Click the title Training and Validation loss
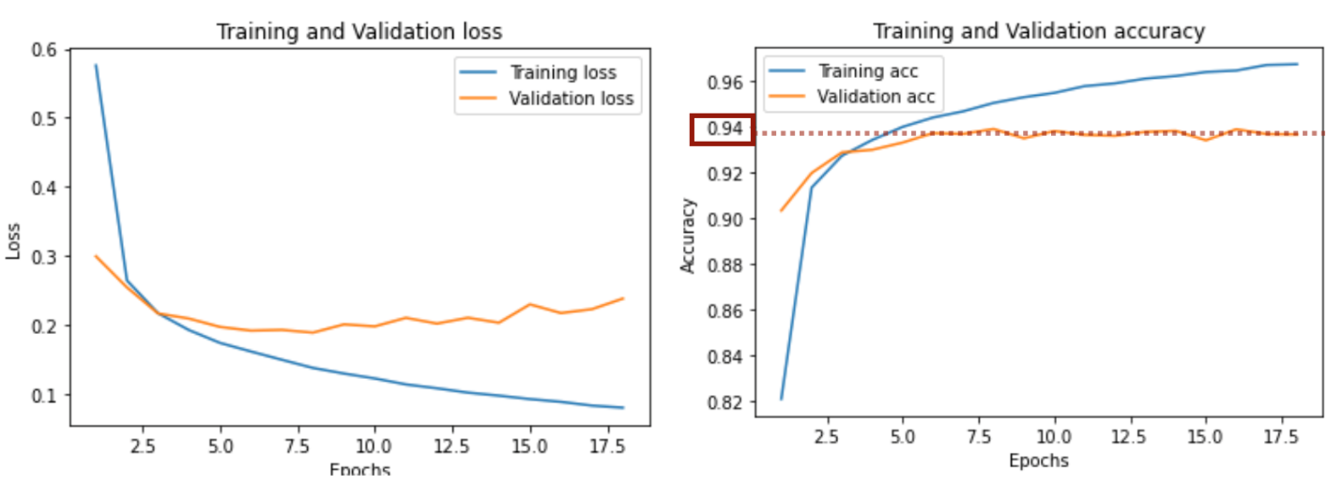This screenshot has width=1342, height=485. tap(359, 31)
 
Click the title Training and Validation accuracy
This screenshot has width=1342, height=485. tap(1038, 31)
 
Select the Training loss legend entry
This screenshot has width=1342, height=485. tap(562, 71)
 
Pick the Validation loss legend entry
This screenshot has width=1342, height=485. tap(571, 98)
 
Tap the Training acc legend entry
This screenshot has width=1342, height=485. tap(868, 71)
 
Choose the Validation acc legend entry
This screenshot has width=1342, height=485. tap(877, 98)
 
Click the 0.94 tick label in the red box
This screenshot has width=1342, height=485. tap(724, 129)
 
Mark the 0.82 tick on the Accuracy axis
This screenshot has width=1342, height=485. tap(724, 402)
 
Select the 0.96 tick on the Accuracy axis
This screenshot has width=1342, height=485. tap(724, 83)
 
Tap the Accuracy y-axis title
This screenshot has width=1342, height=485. tap(689, 235)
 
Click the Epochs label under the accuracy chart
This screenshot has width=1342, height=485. tap(1038, 461)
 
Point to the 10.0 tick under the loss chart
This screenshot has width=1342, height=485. tap(374, 440)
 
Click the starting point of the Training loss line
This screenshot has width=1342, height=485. tap(96, 65)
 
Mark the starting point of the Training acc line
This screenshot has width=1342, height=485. tap(781, 399)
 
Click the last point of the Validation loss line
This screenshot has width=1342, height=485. tap(623, 298)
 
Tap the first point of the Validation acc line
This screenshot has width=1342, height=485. tap(781, 210)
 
